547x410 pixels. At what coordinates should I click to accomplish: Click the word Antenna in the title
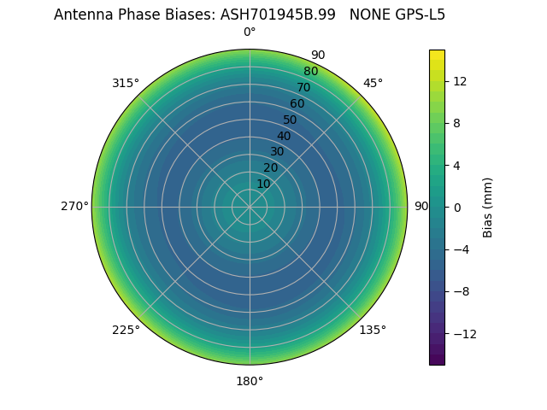82,15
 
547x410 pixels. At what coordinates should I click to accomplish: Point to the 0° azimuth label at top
250,32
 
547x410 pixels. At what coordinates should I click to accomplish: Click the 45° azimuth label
373,83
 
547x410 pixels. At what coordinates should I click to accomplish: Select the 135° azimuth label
373,330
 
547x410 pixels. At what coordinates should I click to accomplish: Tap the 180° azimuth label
250,381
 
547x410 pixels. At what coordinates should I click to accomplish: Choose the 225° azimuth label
126,330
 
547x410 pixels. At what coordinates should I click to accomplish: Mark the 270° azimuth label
74,207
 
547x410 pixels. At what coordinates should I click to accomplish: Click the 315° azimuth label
126,83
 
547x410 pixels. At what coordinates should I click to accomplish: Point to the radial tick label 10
263,184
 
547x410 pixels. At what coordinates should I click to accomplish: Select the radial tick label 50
290,120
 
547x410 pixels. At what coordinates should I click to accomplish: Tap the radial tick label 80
310,71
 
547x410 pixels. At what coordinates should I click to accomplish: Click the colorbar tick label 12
459,81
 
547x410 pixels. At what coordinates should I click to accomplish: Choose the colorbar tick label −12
462,333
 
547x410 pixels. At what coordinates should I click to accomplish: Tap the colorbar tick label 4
456,165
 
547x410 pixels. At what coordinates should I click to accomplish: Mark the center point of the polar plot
250,207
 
